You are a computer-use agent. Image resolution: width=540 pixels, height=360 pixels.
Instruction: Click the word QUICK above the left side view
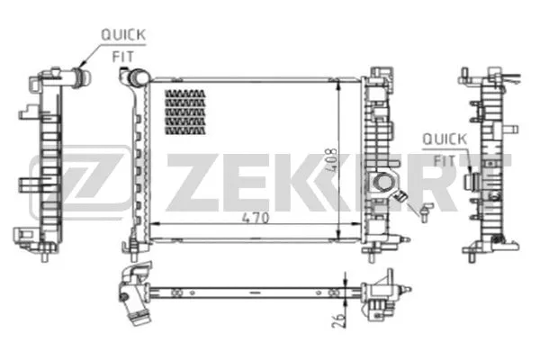click(122, 34)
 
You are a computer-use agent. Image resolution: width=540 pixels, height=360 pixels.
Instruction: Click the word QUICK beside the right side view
click(444, 139)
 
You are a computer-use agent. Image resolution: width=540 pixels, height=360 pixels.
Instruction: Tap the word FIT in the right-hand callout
click(443, 158)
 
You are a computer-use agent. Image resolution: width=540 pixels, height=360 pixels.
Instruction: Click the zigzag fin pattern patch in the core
click(184, 112)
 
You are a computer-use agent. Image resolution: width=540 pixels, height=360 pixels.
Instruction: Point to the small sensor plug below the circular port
click(421, 209)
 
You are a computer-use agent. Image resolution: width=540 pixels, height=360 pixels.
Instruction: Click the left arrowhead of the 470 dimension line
click(152, 223)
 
